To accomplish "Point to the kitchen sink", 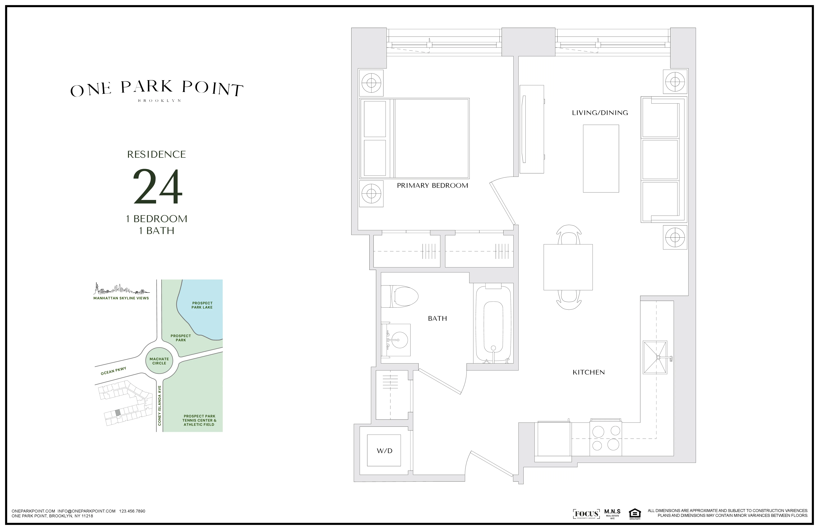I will pos(655,357).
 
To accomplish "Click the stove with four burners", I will pos(606,438).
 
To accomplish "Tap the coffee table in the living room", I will pos(601,158).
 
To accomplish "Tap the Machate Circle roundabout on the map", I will pos(159,361).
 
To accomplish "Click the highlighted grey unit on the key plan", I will pos(118,412).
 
